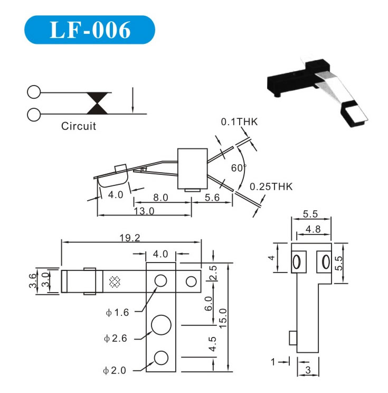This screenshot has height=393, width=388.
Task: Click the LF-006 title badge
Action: tap(89, 30)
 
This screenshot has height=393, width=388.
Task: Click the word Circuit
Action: tap(79, 127)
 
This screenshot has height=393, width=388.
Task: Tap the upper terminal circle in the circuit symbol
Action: tap(33, 92)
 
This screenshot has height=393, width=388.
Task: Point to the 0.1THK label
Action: tap(239, 122)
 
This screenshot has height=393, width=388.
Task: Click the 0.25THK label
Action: tap(271, 186)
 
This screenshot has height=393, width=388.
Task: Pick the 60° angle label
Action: tap(238, 168)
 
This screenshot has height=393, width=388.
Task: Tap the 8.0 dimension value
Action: tap(160, 198)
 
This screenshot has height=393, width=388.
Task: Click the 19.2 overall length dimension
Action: tap(130, 238)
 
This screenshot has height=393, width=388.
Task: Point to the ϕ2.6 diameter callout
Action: tap(116, 339)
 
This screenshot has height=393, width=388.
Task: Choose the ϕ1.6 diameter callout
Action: tap(117, 312)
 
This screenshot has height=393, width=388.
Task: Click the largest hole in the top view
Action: tap(161, 324)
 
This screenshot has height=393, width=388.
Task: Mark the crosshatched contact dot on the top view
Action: tap(113, 282)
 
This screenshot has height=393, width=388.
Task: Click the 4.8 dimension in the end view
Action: tap(312, 229)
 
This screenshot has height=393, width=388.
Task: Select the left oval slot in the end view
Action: tap(297, 261)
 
